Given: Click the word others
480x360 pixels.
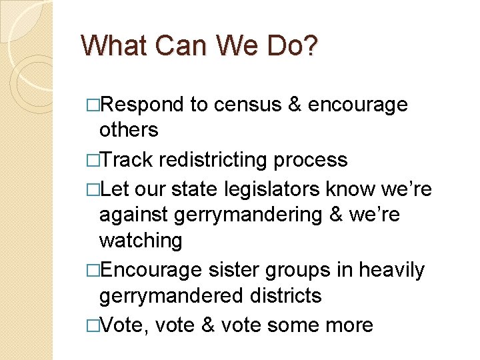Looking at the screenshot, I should click(129, 129).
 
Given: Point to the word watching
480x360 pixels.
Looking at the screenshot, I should click(140, 240).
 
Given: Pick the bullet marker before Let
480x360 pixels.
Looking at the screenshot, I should click(93, 191).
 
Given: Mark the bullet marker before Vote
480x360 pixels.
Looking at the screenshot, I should click(93, 325).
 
